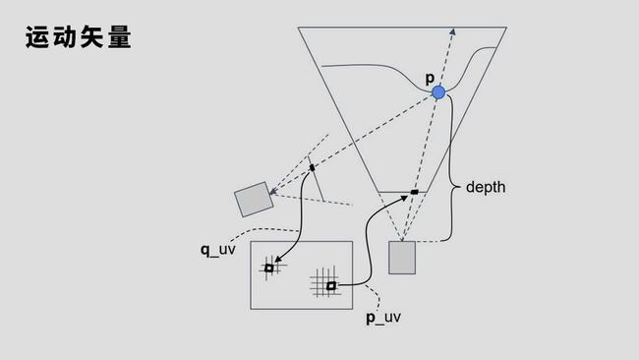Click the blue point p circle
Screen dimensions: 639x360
438,92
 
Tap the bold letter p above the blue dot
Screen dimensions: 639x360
430,78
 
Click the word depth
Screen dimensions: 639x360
486,187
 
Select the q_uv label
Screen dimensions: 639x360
217,250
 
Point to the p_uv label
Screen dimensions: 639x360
383,317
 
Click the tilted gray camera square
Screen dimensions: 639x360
254,200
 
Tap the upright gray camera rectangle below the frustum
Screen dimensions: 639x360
402,258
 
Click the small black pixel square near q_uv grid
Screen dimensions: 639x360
269,268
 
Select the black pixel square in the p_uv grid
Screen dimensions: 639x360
331,286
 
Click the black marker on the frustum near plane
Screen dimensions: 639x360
415,192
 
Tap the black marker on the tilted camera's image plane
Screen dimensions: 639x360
313,167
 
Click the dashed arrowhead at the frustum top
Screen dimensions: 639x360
453,31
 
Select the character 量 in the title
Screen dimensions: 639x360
120,37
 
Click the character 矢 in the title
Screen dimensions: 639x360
93,37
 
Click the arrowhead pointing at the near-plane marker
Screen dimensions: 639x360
404,198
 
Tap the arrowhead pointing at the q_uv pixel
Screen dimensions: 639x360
277,260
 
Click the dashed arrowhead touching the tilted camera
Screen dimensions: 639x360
272,192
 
